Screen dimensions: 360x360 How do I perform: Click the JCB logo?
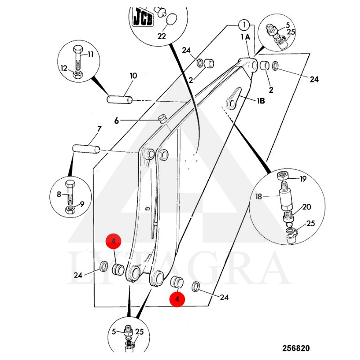143,19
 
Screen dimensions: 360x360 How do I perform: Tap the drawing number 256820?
296,348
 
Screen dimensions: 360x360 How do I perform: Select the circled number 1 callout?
243,24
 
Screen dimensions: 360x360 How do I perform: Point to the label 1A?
245,37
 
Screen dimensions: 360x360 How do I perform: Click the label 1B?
261,101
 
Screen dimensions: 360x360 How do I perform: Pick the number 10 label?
133,76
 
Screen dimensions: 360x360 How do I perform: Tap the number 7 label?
99,129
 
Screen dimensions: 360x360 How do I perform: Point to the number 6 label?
117,120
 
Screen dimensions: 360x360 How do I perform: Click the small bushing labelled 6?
162,119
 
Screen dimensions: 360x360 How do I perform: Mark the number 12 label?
64,68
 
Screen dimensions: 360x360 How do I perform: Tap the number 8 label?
58,194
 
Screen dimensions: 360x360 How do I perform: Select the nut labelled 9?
70,210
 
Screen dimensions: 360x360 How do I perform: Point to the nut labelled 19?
283,175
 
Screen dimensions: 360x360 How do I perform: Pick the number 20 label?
306,207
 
